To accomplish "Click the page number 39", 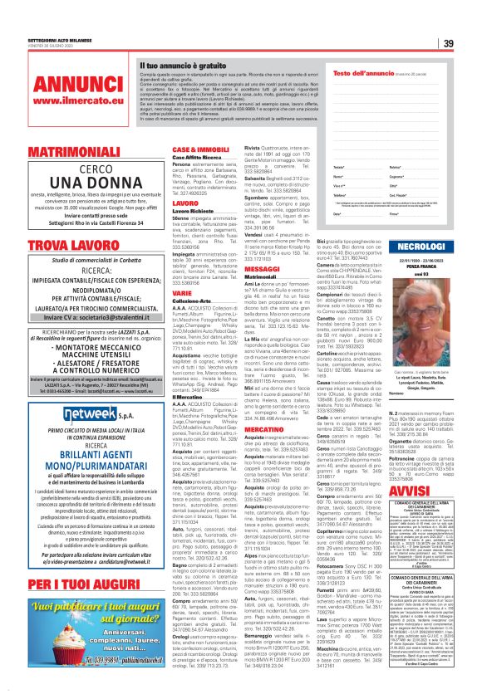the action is coord(471,43).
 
